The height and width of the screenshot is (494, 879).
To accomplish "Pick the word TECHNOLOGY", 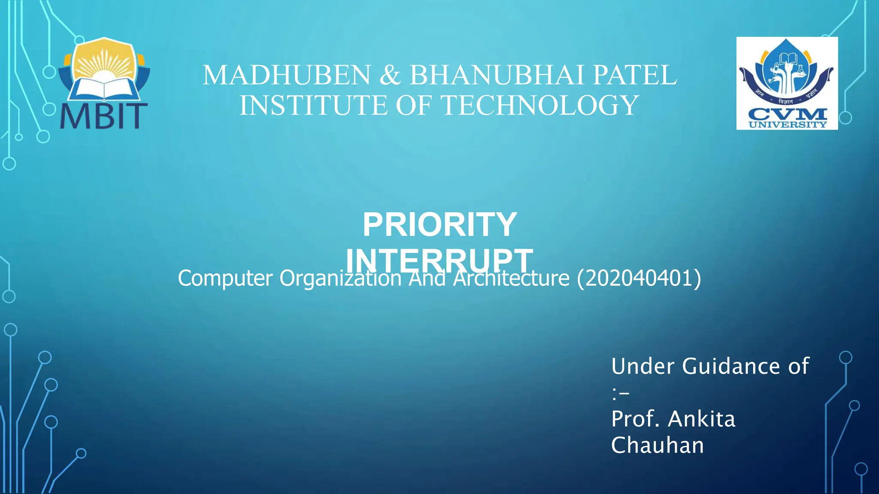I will [540, 105].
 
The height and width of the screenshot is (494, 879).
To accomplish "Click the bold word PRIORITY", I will [439, 225].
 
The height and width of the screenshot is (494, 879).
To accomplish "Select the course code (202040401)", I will [639, 278].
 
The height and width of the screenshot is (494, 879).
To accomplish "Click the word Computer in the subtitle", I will [225, 278].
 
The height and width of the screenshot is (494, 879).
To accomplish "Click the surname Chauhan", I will [658, 445].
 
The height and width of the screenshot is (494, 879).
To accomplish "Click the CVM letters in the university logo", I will [787, 114].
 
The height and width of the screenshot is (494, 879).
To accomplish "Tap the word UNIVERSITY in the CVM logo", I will [787, 124].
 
